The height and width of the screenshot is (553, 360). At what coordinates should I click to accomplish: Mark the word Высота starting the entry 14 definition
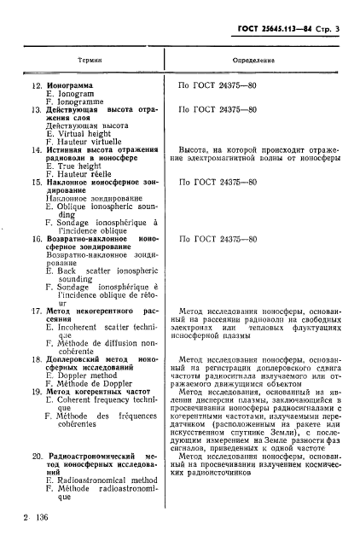[x=195, y=148]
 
